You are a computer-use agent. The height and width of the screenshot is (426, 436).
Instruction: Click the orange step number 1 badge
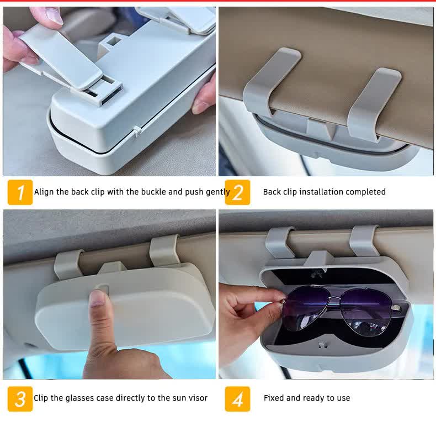click(x=20, y=192)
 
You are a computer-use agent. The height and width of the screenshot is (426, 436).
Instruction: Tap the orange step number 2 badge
click(x=237, y=192)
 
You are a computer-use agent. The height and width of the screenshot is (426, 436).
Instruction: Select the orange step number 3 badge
click(x=20, y=398)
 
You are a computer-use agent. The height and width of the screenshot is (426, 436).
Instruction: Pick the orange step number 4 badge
click(x=237, y=398)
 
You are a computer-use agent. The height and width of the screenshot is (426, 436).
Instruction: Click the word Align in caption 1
click(x=44, y=192)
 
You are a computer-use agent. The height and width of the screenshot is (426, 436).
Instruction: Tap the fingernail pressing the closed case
click(x=98, y=298)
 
